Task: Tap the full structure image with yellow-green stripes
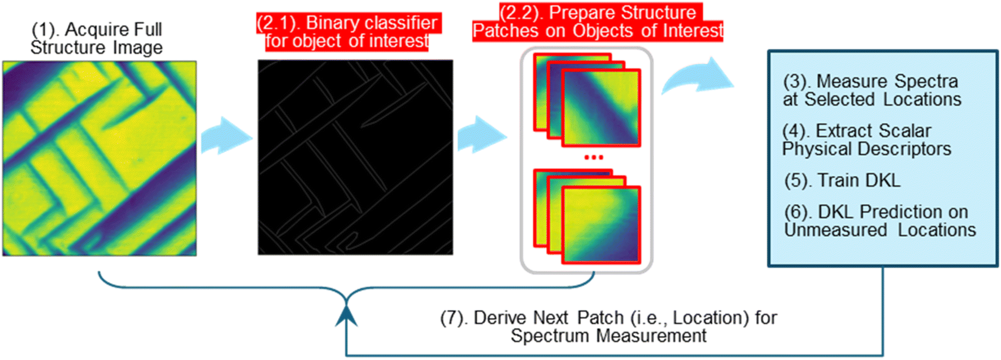pyautogui.click(x=99, y=158)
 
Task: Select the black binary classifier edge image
pyautogui.click(x=355, y=157)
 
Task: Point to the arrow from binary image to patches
pyautogui.click(x=482, y=135)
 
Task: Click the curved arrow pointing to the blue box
pyautogui.click(x=698, y=76)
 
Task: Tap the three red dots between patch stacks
pyautogui.click(x=594, y=157)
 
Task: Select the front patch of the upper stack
pyautogui.click(x=602, y=107)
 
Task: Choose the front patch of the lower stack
pyautogui.click(x=602, y=224)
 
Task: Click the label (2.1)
pyautogui.click(x=278, y=23)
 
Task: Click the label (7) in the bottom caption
pyautogui.click(x=454, y=318)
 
